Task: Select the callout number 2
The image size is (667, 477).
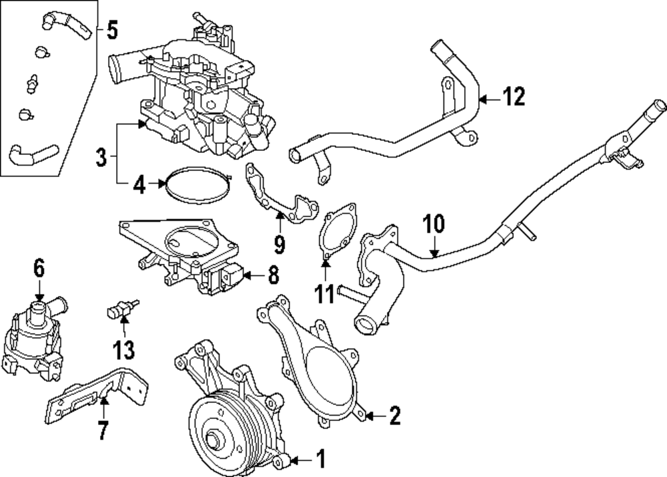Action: (394, 417)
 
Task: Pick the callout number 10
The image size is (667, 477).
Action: (434, 224)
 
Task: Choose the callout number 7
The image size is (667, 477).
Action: (103, 430)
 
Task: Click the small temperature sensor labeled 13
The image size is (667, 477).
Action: (121, 310)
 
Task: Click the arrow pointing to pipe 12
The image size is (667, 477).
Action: (489, 99)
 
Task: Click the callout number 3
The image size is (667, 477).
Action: (101, 158)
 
